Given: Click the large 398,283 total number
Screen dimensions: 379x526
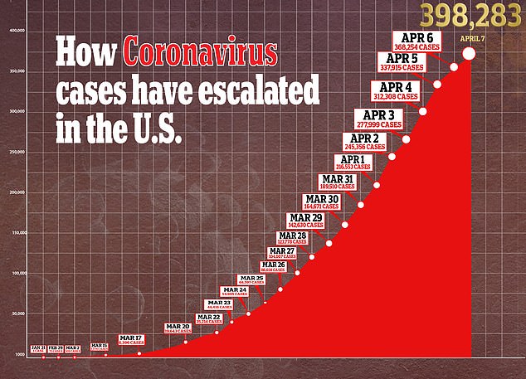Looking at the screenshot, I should [x=473, y=16].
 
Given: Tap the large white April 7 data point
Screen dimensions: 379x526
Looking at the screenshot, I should [x=469, y=53].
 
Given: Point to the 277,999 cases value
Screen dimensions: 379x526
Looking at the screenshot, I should [x=377, y=124].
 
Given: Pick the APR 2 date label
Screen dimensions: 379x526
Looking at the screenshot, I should [x=365, y=138].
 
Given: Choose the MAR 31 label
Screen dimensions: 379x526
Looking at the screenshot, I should [x=338, y=178].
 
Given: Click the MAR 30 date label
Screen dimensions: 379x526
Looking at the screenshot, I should [x=321, y=199].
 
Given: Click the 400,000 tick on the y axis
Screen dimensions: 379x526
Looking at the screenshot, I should [x=18, y=31].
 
